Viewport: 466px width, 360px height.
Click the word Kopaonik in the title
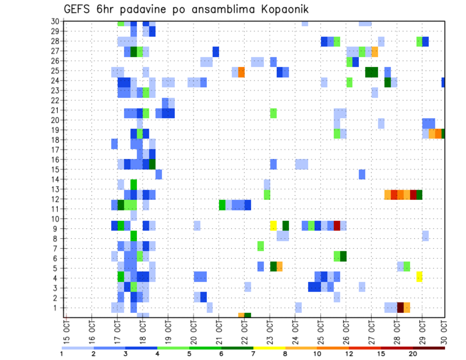click(x=282, y=10)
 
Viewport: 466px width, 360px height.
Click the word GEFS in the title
click(x=79, y=10)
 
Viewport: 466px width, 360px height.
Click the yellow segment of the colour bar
click(x=269, y=348)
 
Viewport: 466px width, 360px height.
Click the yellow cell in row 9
click(x=273, y=226)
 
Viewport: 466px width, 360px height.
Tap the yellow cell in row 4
click(x=419, y=277)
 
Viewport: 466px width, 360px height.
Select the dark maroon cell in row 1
click(x=400, y=307)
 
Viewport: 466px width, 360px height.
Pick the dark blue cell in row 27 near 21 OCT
click(x=216, y=51)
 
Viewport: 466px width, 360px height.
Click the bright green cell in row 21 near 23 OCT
click(x=273, y=113)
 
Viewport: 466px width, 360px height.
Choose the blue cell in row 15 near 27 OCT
click(x=362, y=174)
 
